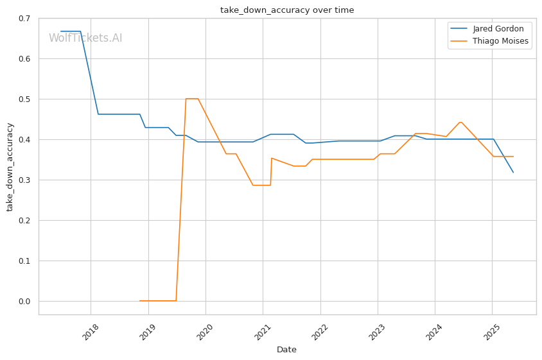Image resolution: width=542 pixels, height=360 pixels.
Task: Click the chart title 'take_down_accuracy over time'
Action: pyautogui.click(x=287, y=10)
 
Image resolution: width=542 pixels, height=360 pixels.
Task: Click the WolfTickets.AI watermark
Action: pyautogui.click(x=85, y=38)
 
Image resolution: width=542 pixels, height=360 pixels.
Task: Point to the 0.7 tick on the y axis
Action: pyautogui.click(x=25, y=19)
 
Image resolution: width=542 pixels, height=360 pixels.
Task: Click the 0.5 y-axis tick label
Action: pyautogui.click(x=25, y=99)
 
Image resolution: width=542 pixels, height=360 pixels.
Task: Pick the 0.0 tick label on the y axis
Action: pyautogui.click(x=25, y=302)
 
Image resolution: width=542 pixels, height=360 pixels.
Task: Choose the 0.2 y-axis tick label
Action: pyautogui.click(x=25, y=221)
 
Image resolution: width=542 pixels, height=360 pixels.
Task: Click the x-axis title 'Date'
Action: pyautogui.click(x=286, y=350)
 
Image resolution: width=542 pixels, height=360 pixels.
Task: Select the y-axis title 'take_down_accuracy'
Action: pyautogui.click(x=10, y=166)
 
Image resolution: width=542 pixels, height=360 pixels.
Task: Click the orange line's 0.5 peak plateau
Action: pyautogui.click(x=191, y=99)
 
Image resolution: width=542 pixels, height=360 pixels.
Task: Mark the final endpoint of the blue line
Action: pyautogui.click(x=513, y=173)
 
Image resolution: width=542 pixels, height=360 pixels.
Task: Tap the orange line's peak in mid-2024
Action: pyautogui.click(x=460, y=122)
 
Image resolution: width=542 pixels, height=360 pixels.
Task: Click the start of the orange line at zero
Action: pyautogui.click(x=140, y=301)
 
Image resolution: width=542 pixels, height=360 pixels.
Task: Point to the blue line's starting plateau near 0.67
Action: pyautogui.click(x=71, y=31)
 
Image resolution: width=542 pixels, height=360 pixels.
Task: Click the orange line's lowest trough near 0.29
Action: pyautogui.click(x=261, y=185)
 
